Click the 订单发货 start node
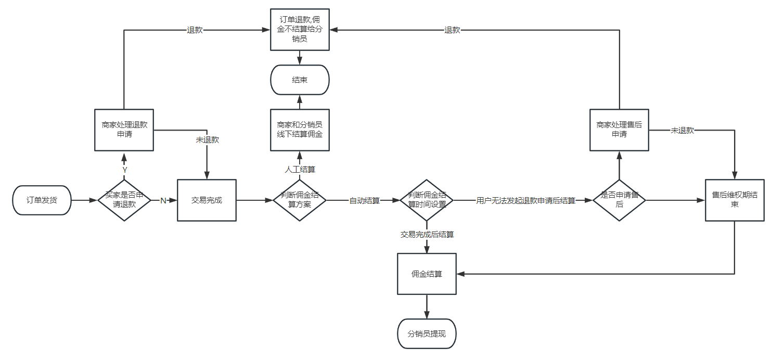42,200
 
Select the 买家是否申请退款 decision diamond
124,200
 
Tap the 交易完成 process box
207,200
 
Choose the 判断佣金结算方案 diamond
300,200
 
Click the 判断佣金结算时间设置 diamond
427,200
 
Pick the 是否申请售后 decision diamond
619,200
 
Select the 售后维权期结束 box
735,200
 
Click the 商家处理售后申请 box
619,130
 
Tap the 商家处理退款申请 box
124,130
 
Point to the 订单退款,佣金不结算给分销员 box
300,30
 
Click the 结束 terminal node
300,80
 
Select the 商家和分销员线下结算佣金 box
300,130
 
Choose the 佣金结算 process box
427,274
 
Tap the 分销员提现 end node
427,334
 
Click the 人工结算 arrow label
300,170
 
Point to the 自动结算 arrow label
364,201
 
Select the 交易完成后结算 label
427,235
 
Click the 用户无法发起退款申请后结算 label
525,201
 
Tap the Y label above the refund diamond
124,170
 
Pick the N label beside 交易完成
163,201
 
